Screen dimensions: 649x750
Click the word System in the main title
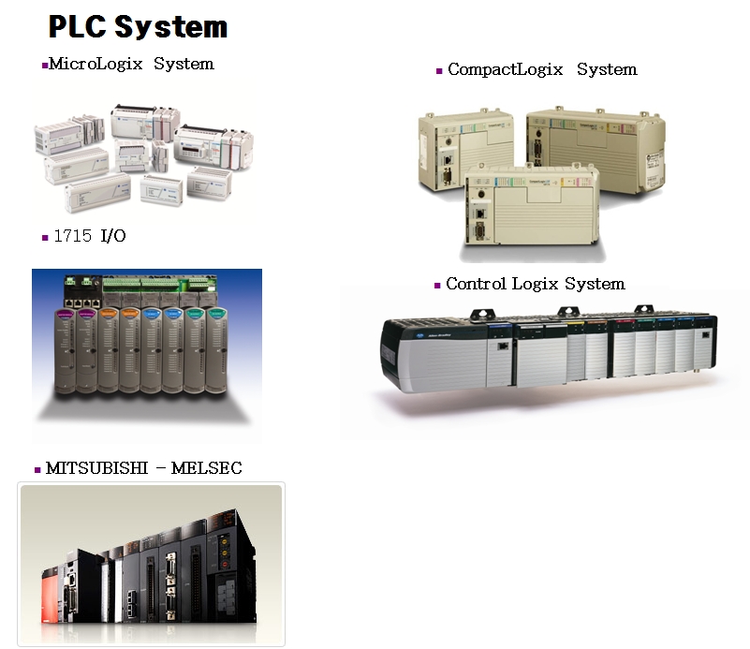point(171,26)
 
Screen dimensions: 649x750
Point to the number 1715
point(72,236)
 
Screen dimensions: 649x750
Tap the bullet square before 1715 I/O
point(45,238)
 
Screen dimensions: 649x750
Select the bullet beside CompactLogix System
point(438,71)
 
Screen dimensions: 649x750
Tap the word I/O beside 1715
point(112,236)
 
